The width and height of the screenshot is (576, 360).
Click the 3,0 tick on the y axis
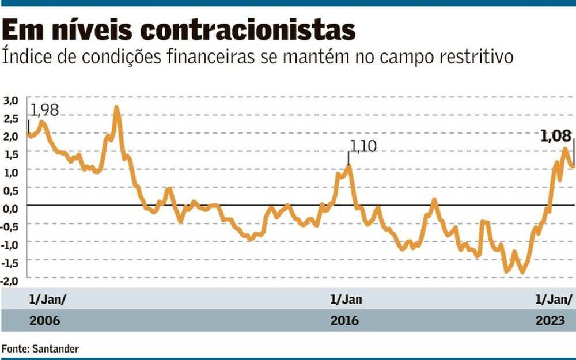click(x=11, y=100)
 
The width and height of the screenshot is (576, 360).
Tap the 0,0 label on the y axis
click(x=11, y=208)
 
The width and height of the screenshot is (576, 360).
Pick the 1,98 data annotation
click(x=44, y=109)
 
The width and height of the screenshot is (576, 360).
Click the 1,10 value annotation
click(x=363, y=146)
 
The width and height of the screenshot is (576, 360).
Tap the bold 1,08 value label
click(x=555, y=137)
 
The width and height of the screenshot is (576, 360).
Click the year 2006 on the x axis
click(x=44, y=320)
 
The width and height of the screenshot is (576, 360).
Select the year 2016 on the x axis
click(x=344, y=320)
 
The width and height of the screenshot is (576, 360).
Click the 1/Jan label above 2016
click(x=346, y=300)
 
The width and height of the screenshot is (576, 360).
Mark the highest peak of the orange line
click(x=117, y=108)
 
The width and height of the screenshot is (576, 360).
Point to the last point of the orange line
click(x=573, y=166)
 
